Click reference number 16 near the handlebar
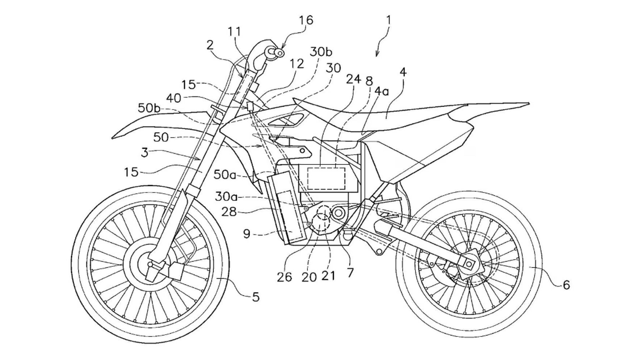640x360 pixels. click(x=306, y=20)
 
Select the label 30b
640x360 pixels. click(x=321, y=52)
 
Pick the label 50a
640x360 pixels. click(x=225, y=175)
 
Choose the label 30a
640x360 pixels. click(x=226, y=197)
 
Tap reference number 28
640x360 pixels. click(x=229, y=211)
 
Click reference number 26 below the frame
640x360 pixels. click(x=284, y=277)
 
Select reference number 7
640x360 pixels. click(x=350, y=273)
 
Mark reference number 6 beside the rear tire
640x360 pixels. click(x=566, y=285)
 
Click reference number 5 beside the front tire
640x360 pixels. click(x=255, y=297)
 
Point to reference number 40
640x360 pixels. click(x=174, y=98)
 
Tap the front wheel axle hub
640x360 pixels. click(x=150, y=265)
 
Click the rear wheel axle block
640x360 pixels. click(x=469, y=264)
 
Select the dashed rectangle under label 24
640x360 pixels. click(x=326, y=178)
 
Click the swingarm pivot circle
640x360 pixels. click(x=338, y=212)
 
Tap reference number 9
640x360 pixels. click(x=247, y=234)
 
